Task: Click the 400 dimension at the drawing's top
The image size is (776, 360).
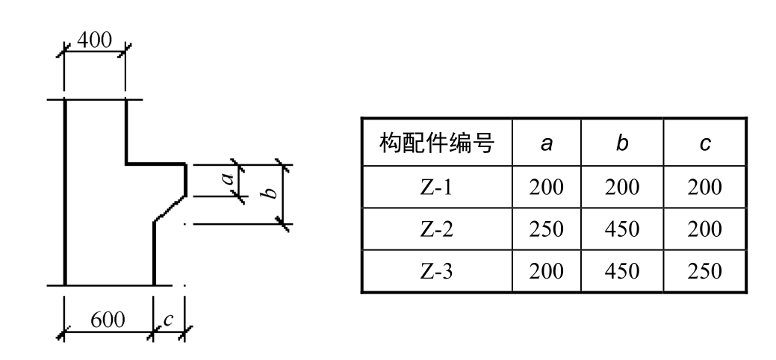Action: click(x=95, y=42)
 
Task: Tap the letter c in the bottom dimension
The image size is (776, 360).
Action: click(x=168, y=320)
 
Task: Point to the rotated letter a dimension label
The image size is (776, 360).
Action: click(x=232, y=179)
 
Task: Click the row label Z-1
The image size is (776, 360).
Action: click(x=437, y=187)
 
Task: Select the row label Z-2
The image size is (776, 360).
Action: click(x=437, y=228)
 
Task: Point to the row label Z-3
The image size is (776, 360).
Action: click(x=437, y=270)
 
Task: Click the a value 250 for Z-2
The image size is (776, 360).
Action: click(x=547, y=228)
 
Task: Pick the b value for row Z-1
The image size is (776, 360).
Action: click(x=622, y=187)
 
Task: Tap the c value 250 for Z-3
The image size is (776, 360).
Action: click(x=704, y=270)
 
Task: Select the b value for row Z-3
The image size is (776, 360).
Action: click(x=622, y=270)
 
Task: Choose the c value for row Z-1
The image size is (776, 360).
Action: click(x=704, y=187)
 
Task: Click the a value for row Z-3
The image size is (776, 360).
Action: click(x=547, y=270)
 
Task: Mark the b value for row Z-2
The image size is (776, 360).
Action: click(x=622, y=228)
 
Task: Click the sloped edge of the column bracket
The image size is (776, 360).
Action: click(x=170, y=208)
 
